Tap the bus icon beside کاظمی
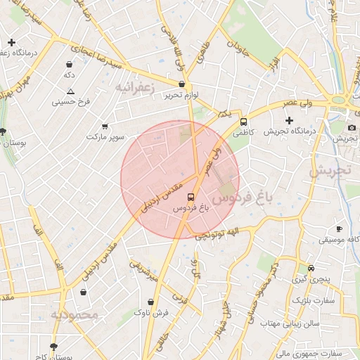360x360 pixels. pos(243,122)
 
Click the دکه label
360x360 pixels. pos(69,74)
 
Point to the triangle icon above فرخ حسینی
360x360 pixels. pos(70,91)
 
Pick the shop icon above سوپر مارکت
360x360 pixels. pos(105,126)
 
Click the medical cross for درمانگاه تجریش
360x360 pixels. pos(290,120)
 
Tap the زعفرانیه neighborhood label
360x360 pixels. pos(133,87)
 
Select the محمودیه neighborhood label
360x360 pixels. pos(74,315)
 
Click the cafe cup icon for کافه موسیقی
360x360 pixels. pos(339,229)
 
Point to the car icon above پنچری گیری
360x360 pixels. pos(311,268)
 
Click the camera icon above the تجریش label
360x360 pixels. pos(352,127)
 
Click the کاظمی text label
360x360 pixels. pos(241,132)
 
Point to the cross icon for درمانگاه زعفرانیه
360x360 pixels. pos(11,43)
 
